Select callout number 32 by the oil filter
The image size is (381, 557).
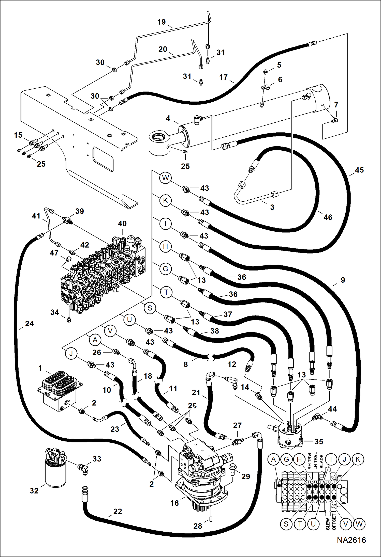point(34,491)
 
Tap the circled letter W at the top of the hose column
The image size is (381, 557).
point(165,178)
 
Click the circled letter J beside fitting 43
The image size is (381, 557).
point(71,354)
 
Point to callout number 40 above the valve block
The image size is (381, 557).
point(122,224)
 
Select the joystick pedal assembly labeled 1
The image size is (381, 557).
point(59,389)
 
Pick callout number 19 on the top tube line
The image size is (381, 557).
point(162,22)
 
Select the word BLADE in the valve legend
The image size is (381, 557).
point(321,461)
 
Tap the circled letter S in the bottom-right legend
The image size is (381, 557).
point(286,524)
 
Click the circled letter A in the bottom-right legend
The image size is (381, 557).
point(273,459)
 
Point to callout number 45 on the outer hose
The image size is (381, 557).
point(359,170)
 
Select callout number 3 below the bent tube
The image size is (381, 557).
point(272,207)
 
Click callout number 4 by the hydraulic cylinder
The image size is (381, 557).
point(168,118)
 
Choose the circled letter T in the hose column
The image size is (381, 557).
point(166,292)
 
